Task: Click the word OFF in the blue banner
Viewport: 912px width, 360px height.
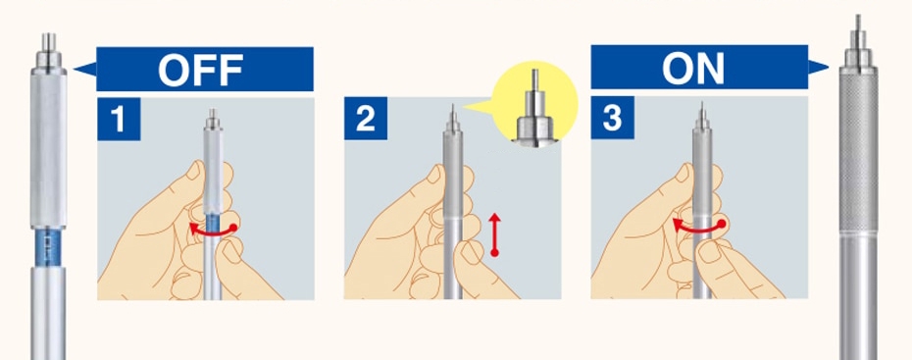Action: coord(200,70)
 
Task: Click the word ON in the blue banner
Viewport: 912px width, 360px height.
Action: coord(693,68)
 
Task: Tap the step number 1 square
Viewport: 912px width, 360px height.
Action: coord(119,120)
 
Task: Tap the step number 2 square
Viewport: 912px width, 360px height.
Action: coord(365,119)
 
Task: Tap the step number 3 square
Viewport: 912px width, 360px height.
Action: coord(613,118)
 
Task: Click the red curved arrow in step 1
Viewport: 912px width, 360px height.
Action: coord(213,231)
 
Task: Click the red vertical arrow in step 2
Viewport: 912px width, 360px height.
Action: coord(494,234)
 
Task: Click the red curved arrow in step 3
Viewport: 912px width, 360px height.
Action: coord(698,229)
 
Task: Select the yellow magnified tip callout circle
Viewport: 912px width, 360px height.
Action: coord(534,104)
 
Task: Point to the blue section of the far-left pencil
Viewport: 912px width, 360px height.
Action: coord(48,247)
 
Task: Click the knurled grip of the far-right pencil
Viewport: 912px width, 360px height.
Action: coord(858,152)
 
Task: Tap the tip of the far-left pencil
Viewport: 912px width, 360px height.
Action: coord(48,35)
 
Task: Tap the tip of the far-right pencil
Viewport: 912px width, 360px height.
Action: coord(858,16)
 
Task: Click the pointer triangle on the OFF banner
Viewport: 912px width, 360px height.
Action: coord(86,70)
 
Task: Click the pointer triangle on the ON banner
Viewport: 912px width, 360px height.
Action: coord(818,68)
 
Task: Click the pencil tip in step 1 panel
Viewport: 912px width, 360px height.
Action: coord(213,110)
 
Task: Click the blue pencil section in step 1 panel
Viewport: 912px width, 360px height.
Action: coord(213,228)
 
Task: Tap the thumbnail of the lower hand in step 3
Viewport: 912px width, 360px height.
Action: coord(709,251)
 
